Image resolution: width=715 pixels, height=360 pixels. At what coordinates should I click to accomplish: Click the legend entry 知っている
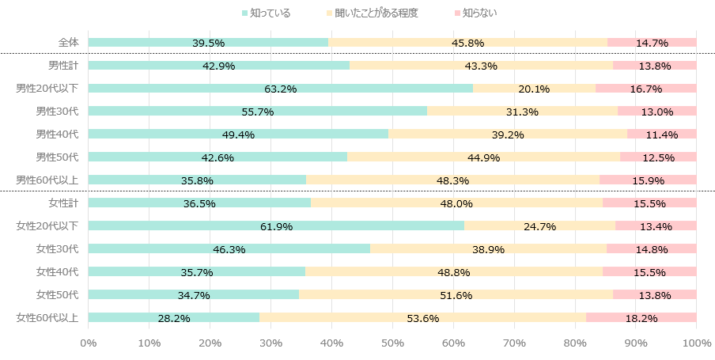coord(269,13)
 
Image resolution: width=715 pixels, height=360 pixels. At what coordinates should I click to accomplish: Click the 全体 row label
coord(68,43)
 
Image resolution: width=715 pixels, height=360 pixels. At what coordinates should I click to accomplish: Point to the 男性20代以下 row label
coord(47,89)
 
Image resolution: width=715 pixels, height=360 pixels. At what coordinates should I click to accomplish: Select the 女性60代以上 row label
coord(47,318)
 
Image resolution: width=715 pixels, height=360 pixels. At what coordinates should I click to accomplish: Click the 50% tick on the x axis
coord(392,343)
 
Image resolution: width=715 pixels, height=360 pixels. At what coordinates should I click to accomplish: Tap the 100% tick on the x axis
coord(696,343)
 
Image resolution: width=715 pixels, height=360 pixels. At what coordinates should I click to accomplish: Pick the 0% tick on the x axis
coord(89,343)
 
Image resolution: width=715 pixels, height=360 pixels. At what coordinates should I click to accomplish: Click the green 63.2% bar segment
coord(281,89)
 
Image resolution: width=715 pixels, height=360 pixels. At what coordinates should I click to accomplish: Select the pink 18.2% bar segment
coord(641,318)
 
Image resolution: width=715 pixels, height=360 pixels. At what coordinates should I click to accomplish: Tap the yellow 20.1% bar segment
coord(534,89)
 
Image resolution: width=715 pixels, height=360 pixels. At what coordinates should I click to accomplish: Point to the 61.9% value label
coord(276,227)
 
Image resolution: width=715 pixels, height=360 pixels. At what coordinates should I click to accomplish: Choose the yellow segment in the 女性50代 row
coord(456,295)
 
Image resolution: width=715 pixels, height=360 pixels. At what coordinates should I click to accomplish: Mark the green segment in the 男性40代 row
coord(238,135)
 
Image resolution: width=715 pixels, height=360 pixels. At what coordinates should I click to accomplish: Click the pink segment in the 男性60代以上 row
coord(648,180)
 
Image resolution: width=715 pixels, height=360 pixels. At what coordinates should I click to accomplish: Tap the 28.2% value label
coord(174,319)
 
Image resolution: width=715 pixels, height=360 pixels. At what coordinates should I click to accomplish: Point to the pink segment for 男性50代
coord(658,157)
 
